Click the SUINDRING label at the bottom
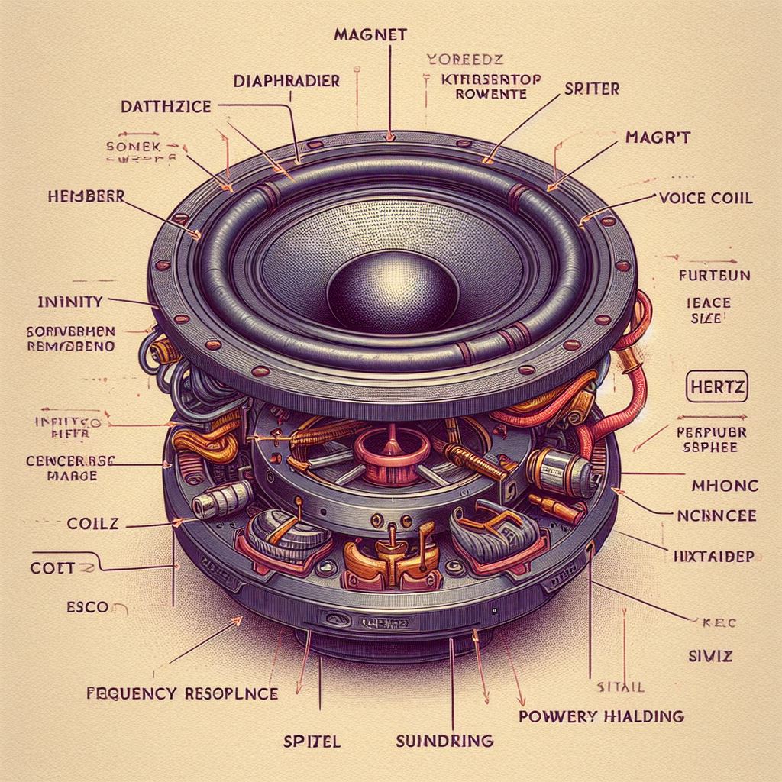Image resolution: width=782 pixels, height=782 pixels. (x=445, y=740)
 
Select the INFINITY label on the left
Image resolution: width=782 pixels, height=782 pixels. (x=69, y=301)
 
